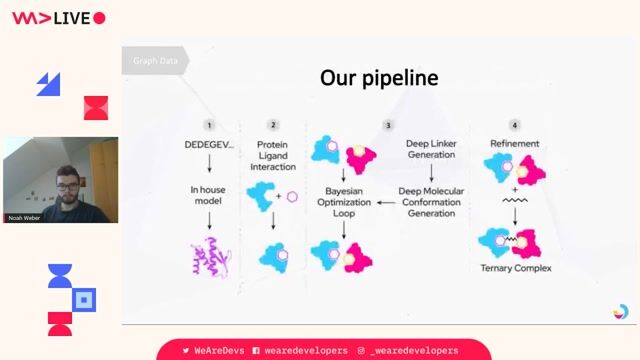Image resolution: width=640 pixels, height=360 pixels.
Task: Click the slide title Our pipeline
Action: pyautogui.click(x=378, y=77)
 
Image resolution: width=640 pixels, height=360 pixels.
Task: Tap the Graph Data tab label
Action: pyautogui.click(x=155, y=61)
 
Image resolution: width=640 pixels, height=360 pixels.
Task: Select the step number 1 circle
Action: pyautogui.click(x=209, y=125)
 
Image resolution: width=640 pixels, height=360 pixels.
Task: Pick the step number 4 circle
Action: pyautogui.click(x=515, y=125)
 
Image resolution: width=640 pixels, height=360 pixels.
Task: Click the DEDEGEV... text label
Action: pyautogui.click(x=209, y=144)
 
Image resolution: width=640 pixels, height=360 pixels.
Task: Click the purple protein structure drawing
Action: pyautogui.click(x=210, y=259)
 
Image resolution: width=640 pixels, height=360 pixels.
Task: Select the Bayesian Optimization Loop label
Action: pyautogui.click(x=343, y=201)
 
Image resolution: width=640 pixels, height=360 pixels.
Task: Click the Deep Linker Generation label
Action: pyautogui.click(x=432, y=150)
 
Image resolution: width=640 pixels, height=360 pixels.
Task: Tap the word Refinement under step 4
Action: pyautogui.click(x=515, y=144)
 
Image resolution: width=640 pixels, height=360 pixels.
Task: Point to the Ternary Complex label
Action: pyautogui.click(x=516, y=268)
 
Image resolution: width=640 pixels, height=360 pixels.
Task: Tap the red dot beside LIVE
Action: pyautogui.click(x=99, y=18)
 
